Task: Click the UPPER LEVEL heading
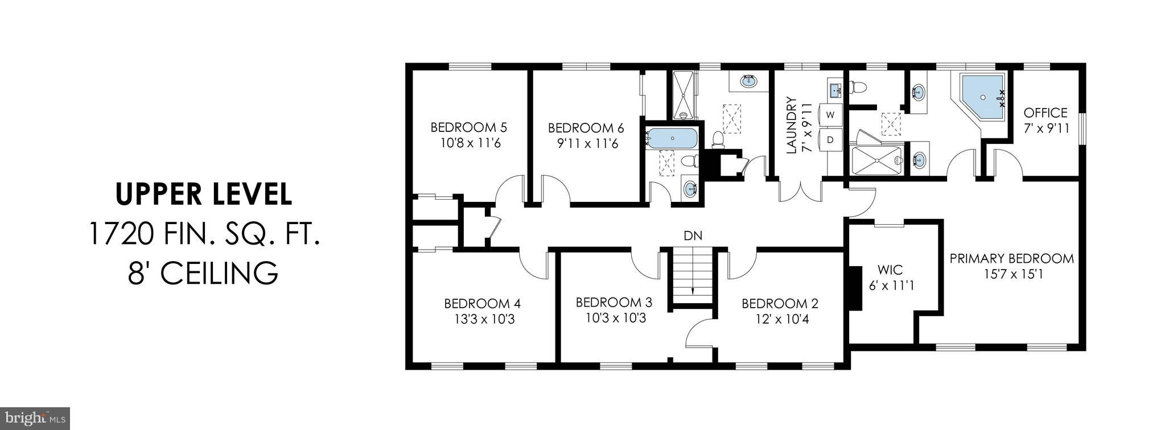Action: (x=204, y=194)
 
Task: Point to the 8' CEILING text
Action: (x=204, y=273)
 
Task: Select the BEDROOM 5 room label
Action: (x=468, y=127)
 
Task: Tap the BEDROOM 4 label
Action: (x=482, y=303)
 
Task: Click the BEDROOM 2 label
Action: (x=780, y=303)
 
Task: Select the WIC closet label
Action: (x=890, y=270)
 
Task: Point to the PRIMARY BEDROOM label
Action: (x=1011, y=259)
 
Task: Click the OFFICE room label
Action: (x=1045, y=113)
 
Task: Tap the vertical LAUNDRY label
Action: (x=791, y=126)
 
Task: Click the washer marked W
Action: (x=830, y=115)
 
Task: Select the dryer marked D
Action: (x=830, y=139)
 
